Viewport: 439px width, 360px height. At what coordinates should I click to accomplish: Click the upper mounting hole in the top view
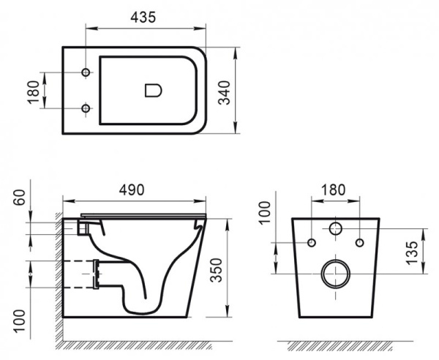coord(86,74)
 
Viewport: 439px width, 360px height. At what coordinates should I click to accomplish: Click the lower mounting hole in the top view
coord(86,109)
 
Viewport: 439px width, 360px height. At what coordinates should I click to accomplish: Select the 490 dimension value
coord(132,189)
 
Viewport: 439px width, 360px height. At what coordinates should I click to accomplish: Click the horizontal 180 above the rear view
coord(334,190)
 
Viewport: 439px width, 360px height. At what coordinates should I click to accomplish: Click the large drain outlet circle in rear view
coord(336,274)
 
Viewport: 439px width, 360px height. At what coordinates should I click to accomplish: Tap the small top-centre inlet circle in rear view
coord(336,229)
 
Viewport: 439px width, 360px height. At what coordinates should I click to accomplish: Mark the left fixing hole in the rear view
coord(311,242)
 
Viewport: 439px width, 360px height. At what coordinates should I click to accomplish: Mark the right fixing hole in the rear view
coord(360,242)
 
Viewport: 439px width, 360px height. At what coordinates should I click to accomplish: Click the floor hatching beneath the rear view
coord(337,343)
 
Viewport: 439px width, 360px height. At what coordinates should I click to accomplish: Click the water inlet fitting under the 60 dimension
coord(82,228)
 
